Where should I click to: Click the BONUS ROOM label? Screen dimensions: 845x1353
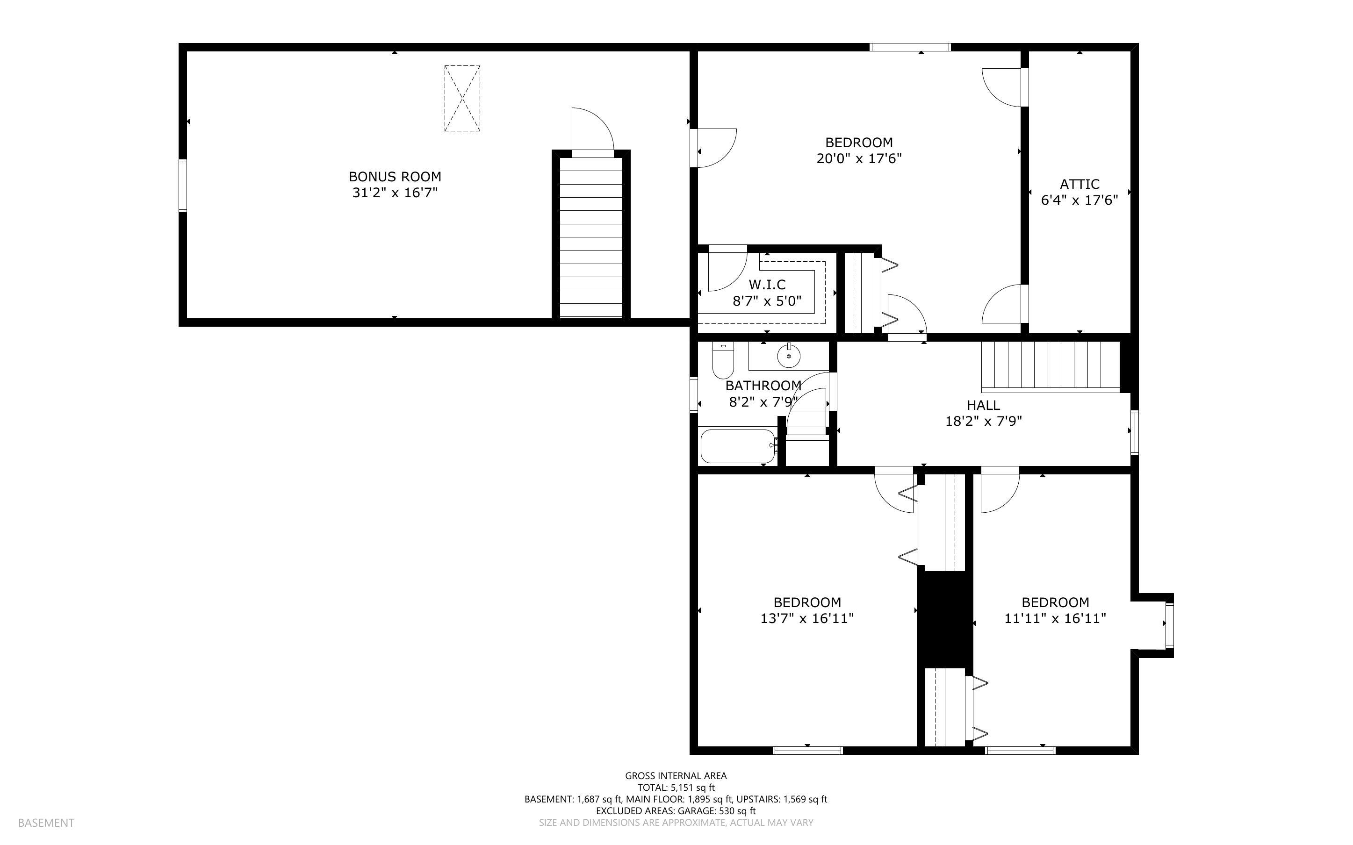coord(395,177)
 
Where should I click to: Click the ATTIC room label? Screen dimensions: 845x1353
coord(1079,184)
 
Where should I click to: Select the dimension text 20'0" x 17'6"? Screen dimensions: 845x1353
coord(859,159)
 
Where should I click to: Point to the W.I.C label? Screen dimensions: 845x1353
coord(767,285)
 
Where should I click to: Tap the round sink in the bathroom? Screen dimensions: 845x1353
coord(789,356)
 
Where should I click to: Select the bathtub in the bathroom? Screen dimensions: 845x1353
coord(738,445)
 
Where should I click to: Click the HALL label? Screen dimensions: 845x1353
coord(983,405)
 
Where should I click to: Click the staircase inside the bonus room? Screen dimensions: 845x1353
coord(591,237)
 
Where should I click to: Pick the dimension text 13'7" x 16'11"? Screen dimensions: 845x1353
coord(807,618)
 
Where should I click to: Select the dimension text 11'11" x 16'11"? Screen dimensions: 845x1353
coord(1055,618)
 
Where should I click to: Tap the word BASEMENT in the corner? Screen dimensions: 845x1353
coord(46,823)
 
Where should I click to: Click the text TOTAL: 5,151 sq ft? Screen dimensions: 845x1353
coord(676,788)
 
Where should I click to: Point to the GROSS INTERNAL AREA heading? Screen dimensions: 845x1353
coord(676,776)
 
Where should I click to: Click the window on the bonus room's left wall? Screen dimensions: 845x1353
coord(182,186)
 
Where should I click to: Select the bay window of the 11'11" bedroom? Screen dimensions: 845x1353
coord(1169,625)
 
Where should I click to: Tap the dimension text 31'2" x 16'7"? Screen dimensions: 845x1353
coord(395,193)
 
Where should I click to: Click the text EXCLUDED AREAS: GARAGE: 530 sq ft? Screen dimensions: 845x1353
coord(676,811)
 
